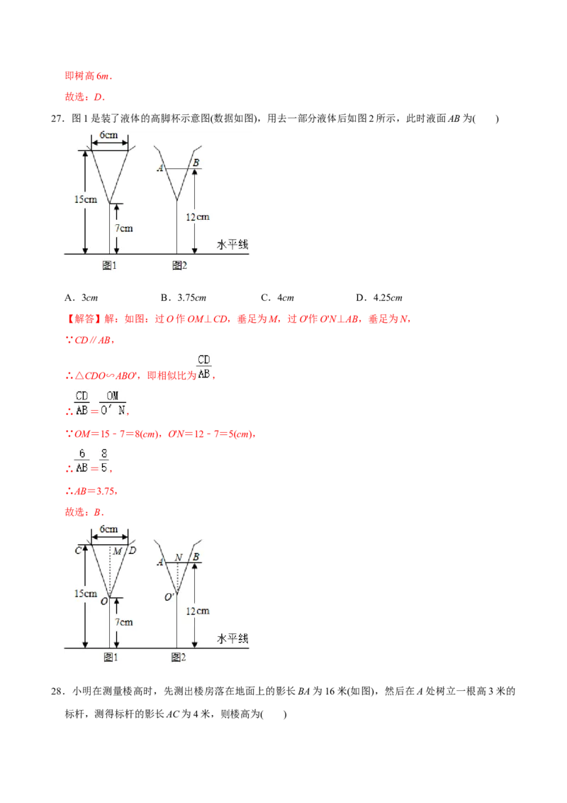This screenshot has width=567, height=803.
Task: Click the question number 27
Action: (x=57, y=118)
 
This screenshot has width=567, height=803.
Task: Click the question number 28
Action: (x=57, y=692)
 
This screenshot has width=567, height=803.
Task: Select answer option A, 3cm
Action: (x=82, y=297)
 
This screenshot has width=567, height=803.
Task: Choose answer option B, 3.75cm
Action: (x=183, y=297)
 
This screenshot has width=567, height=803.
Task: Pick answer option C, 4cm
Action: (x=277, y=297)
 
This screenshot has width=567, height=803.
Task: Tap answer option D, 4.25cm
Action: (x=379, y=297)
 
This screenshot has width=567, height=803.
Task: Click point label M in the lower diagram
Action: (x=117, y=551)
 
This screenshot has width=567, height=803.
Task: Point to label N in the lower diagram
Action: (x=178, y=557)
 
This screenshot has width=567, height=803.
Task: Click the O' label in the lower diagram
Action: (x=169, y=597)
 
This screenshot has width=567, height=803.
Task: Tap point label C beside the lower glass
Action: (x=78, y=550)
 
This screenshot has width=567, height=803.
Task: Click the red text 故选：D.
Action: (x=84, y=96)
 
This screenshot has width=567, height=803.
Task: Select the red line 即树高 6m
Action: (x=88, y=76)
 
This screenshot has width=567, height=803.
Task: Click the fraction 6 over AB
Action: (x=82, y=461)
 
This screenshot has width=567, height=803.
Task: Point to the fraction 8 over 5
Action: (x=104, y=461)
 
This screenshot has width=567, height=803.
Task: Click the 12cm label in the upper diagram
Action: (x=198, y=217)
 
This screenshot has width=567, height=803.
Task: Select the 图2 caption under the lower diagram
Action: (x=179, y=657)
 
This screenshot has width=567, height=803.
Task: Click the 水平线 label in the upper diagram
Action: (x=232, y=245)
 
